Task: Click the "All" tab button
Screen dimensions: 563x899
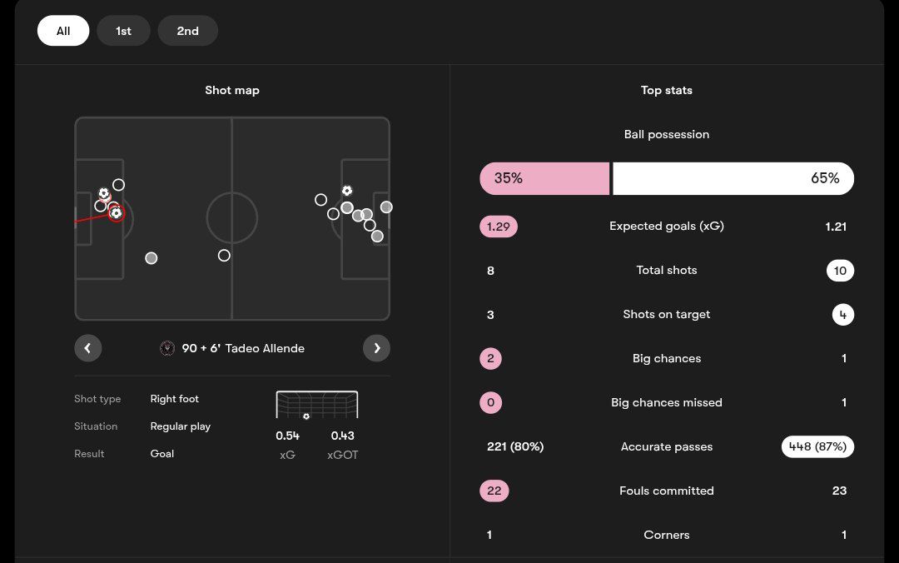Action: click(63, 31)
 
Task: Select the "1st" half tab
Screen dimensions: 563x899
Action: click(123, 31)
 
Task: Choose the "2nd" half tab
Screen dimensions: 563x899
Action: click(187, 31)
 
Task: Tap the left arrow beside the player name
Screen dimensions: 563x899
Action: click(87, 348)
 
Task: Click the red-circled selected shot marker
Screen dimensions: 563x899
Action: click(116, 213)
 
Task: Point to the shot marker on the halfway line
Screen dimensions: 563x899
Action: click(224, 256)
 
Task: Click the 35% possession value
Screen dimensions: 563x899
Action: click(508, 178)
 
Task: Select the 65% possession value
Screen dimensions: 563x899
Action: click(825, 178)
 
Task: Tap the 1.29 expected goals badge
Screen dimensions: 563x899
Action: click(498, 227)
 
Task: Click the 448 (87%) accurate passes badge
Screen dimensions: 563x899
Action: click(817, 447)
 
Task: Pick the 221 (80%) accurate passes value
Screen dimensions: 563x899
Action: click(515, 447)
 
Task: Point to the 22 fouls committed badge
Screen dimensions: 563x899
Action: click(494, 491)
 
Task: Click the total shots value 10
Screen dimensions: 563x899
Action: click(840, 271)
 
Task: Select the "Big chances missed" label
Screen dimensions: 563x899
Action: click(667, 403)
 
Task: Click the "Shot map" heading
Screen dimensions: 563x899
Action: click(232, 90)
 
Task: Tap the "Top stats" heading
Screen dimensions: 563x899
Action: click(667, 90)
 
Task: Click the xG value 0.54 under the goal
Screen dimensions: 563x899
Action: click(287, 436)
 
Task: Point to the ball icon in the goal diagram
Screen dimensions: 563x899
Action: click(306, 416)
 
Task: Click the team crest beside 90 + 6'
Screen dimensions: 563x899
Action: click(167, 348)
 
